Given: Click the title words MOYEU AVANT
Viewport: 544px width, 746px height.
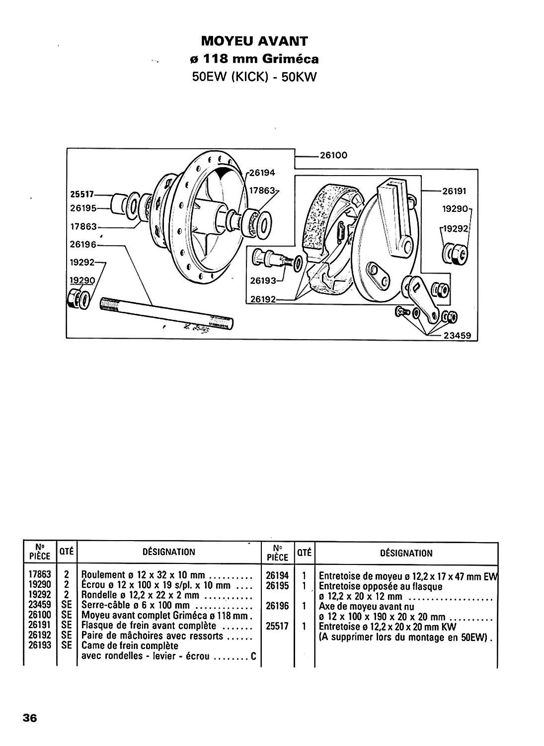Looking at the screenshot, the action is pos(254,41).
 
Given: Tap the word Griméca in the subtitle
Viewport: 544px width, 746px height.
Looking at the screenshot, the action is pos(290,59).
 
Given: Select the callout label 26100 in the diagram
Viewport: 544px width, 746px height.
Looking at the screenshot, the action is pos(333,155).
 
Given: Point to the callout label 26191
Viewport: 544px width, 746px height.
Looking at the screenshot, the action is pos(454,191).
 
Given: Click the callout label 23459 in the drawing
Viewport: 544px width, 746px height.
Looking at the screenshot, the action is pos(458,335).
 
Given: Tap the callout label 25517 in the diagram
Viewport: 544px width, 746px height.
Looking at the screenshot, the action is pos(82,194).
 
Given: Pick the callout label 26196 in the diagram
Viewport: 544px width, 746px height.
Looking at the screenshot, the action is pos(83,245).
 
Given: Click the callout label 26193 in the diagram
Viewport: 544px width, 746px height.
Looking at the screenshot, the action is pos(263,281).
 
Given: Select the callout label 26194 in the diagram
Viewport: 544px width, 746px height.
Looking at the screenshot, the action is pos(262,173).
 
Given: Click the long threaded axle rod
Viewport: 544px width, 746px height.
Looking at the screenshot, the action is pos(166,313).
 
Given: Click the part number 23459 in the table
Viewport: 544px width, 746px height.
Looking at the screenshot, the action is pos(40,605).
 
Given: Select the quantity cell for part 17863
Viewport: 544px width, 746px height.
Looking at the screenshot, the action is pos(67,574).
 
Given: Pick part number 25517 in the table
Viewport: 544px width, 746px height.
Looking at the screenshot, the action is pos(277,627).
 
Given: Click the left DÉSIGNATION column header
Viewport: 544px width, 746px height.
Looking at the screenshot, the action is pos(169,552).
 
